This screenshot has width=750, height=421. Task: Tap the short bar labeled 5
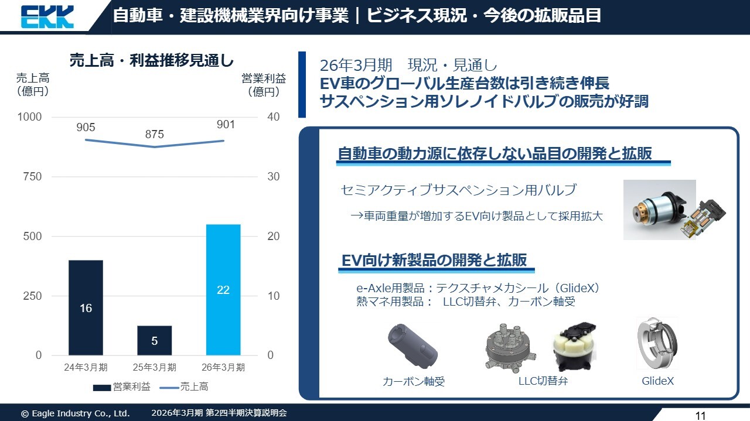click(x=155, y=340)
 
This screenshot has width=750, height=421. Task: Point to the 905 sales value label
click(x=86, y=127)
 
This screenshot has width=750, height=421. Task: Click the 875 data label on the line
click(x=155, y=134)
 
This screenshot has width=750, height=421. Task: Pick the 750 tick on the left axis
click(x=32, y=176)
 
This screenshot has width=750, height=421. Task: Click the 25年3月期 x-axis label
click(x=155, y=368)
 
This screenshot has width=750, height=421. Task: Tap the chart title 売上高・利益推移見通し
click(x=151, y=61)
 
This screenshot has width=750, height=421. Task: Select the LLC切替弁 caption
click(x=543, y=381)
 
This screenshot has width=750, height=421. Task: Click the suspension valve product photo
click(x=674, y=210)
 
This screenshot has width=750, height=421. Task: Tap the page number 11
click(x=700, y=416)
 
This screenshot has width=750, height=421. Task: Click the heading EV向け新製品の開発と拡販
click(x=434, y=261)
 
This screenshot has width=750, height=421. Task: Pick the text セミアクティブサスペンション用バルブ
click(x=458, y=190)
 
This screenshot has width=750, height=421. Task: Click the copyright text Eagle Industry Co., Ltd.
click(x=75, y=413)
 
